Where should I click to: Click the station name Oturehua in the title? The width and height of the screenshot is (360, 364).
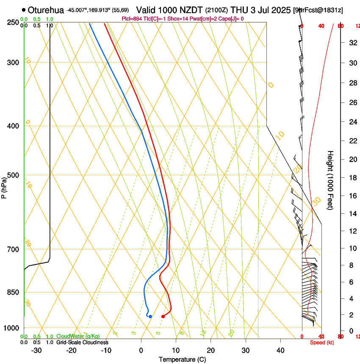[46, 10]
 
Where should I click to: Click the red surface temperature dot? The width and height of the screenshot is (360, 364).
[163, 317]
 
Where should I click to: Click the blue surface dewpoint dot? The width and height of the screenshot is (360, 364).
[150, 317]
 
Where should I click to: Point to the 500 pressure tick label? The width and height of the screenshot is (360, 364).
[14, 175]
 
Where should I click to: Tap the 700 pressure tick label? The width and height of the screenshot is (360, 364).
[14, 249]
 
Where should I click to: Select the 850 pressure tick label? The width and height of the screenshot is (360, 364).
[14, 292]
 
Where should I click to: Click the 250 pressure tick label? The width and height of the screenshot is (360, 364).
[14, 22]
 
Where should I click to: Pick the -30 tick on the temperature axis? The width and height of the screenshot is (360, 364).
[36, 350]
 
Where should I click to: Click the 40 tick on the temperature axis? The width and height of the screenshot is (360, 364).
[280, 350]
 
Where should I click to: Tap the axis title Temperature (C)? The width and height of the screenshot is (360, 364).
[182, 359]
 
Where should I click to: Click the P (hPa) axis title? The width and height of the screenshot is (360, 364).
[4, 187]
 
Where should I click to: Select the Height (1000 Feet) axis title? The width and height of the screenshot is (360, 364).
[331, 180]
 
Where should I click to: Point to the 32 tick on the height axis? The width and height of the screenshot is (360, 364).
[352, 42]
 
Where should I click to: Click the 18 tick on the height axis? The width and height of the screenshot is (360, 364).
[352, 177]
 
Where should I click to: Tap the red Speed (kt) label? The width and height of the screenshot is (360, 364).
[322, 342]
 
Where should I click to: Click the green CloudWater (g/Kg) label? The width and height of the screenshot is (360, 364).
[78, 336]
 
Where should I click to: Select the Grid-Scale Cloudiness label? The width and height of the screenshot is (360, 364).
[82, 342]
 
